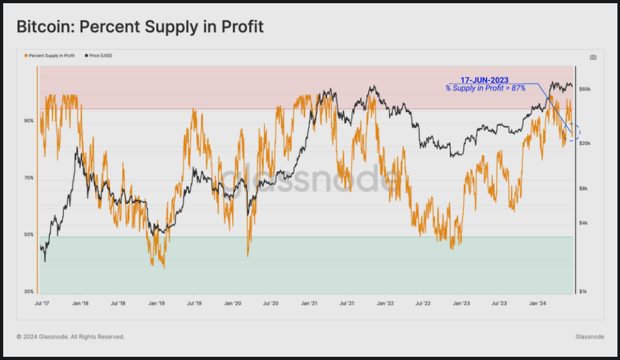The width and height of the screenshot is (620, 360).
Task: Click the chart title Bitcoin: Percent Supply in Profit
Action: coord(139,27)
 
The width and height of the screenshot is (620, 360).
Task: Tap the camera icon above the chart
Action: coord(593,57)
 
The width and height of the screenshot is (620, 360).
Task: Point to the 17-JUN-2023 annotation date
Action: coord(484,80)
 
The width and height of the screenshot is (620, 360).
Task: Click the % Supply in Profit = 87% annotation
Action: coord(486,88)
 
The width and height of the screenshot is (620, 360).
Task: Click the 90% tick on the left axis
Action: coord(29,120)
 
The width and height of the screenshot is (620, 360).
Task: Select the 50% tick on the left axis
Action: coord(29,235)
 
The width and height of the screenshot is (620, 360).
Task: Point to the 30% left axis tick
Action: coord(29,292)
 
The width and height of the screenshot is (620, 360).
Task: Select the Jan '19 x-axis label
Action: coord(157,304)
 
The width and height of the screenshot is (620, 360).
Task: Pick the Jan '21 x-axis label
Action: coord(310,304)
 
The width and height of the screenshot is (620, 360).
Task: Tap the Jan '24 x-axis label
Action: coord(538,304)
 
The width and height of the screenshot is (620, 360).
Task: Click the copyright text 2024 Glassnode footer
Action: coord(70,336)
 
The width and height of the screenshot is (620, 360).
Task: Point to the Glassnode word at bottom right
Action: coord(589,336)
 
